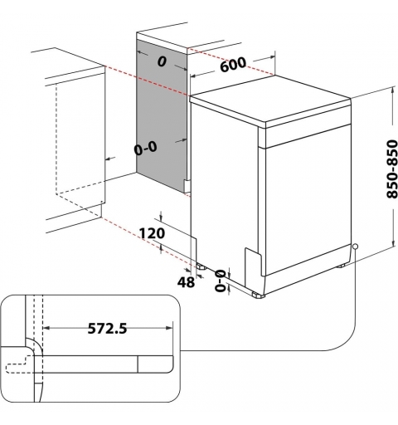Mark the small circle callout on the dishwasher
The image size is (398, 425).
coord(354,246)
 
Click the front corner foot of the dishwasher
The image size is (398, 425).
coord(259,294)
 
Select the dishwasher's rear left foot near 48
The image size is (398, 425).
coord(201,267)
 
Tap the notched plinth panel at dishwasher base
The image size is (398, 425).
coord(252,261)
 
